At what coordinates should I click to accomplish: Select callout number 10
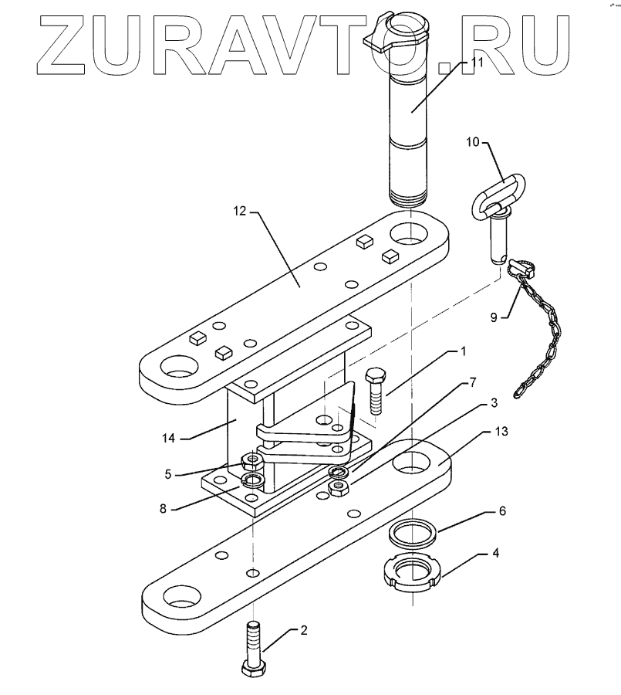pos(472,141)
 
